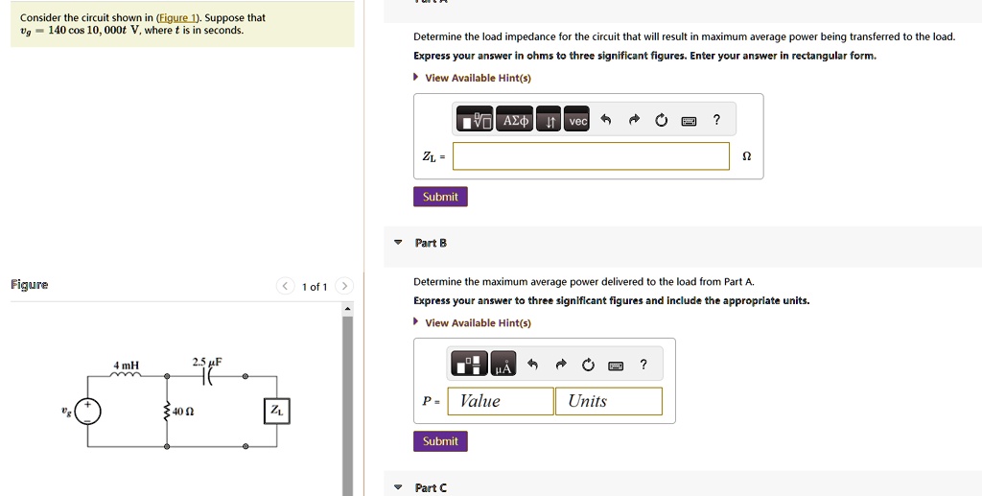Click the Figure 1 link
click(x=176, y=18)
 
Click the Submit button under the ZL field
click(x=440, y=197)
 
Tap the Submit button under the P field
click(x=440, y=441)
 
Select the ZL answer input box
click(x=591, y=156)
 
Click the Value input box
click(x=500, y=401)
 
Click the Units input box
click(x=608, y=401)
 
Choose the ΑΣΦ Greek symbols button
click(x=515, y=120)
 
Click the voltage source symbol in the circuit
click(x=87, y=412)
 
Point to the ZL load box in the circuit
click(x=277, y=411)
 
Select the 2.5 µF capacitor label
click(x=207, y=362)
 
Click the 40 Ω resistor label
click(x=183, y=413)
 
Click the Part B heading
click(x=431, y=243)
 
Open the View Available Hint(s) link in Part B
click(x=478, y=323)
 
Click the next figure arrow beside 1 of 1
click(x=344, y=286)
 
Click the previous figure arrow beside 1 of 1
click(x=284, y=286)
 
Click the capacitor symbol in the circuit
click(x=208, y=376)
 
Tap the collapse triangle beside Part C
click(x=398, y=487)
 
